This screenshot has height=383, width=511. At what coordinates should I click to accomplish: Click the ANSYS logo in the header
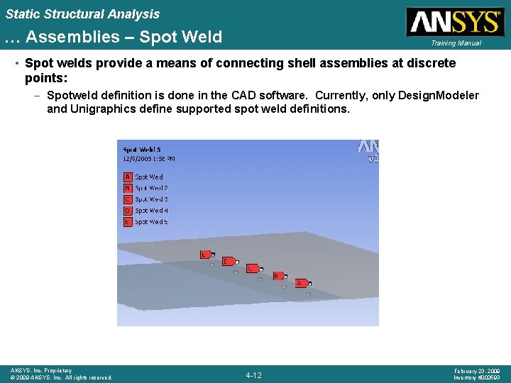click(454, 21)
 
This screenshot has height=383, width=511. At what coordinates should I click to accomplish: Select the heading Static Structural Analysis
click(82, 13)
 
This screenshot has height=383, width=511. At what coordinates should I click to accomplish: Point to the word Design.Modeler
click(437, 95)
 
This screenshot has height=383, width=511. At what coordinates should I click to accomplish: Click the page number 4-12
click(253, 374)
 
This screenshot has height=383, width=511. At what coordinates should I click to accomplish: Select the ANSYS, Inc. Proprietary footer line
click(41, 370)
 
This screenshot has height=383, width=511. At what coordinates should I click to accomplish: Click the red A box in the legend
click(128, 177)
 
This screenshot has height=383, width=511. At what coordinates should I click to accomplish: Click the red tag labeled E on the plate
click(206, 253)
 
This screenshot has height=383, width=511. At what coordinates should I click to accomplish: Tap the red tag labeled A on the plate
click(301, 283)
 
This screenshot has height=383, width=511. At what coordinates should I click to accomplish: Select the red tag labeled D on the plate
click(229, 261)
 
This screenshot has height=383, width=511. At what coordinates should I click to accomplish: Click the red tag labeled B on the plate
click(278, 276)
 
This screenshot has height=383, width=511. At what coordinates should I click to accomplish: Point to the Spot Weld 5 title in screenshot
click(142, 150)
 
